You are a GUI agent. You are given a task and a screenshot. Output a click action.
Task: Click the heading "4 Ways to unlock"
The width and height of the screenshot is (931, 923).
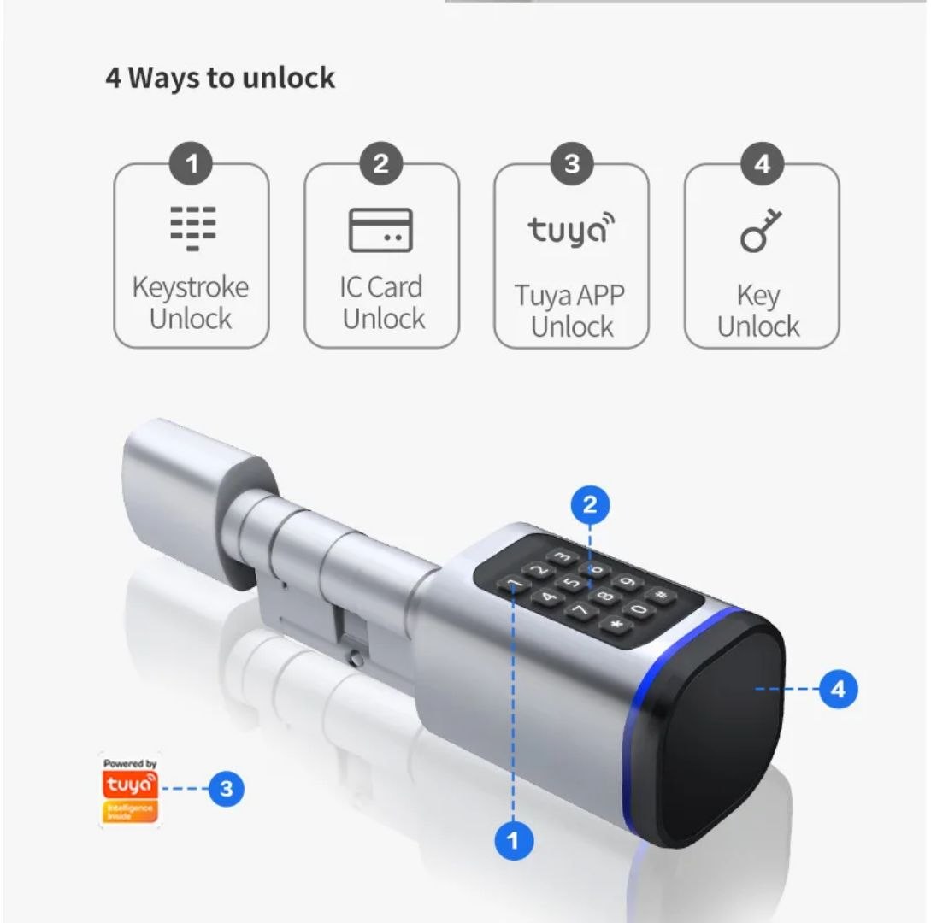(x=220, y=79)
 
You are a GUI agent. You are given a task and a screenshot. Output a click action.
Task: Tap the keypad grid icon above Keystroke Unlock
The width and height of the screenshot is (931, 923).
(x=192, y=227)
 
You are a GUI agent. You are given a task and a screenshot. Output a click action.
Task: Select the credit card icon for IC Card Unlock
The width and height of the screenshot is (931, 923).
(x=380, y=230)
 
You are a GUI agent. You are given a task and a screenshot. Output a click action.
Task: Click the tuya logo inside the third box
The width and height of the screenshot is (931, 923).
(x=571, y=230)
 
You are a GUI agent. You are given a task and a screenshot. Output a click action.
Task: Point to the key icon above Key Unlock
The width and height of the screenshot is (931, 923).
(x=760, y=230)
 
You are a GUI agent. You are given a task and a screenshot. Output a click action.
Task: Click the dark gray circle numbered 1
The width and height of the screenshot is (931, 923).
(x=192, y=163)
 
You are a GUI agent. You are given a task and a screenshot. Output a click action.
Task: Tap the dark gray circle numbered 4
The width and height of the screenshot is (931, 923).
(x=761, y=163)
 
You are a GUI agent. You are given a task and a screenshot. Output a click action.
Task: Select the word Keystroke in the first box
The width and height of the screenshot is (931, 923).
(x=191, y=287)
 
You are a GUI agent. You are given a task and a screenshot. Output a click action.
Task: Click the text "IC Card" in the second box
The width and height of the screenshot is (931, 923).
(x=381, y=287)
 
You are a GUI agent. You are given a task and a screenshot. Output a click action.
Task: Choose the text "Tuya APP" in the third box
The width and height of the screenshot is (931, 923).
(x=570, y=296)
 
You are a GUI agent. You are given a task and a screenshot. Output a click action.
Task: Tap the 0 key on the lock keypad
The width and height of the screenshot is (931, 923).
(x=637, y=609)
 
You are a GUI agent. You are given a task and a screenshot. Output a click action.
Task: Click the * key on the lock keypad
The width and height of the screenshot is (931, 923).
(x=614, y=625)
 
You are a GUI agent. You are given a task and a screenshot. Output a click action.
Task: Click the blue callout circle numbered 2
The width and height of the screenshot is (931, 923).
(x=589, y=505)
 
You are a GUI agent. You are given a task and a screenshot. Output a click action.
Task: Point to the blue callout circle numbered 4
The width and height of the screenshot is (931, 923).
(x=838, y=689)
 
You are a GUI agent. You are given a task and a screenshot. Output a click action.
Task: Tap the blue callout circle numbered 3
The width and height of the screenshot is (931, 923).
(x=226, y=788)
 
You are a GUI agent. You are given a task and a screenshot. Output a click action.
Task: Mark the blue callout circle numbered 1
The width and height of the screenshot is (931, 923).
(x=512, y=841)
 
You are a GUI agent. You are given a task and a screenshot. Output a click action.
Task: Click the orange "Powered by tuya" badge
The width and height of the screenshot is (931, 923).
(x=130, y=791)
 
